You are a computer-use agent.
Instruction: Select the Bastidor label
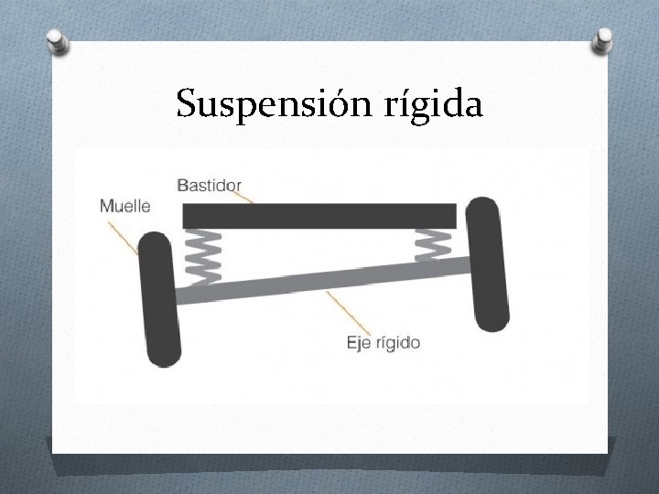(208, 186)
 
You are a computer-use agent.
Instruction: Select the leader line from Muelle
(127, 233)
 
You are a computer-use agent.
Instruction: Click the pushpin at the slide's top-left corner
(60, 41)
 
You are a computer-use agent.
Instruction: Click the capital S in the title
(188, 104)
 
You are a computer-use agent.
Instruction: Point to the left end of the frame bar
(189, 215)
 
